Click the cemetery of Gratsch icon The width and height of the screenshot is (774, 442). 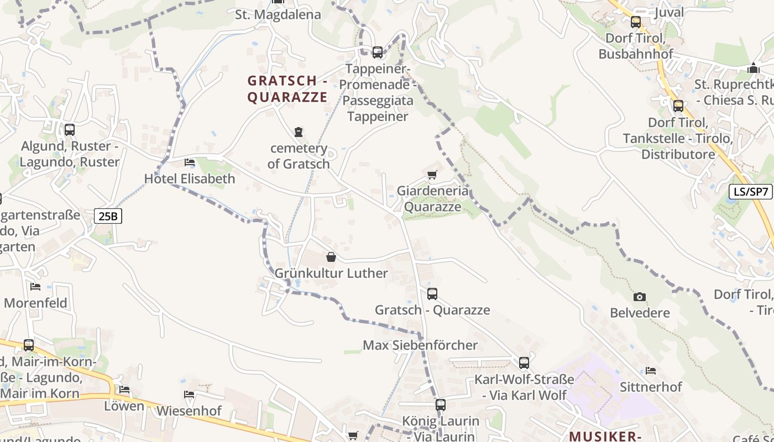299,132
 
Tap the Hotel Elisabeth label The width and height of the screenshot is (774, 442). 189,178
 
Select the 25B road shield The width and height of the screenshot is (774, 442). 108,216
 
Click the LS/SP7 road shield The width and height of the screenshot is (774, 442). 750,192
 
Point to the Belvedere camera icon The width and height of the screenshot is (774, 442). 640,297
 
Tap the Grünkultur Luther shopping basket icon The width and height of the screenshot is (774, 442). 331,257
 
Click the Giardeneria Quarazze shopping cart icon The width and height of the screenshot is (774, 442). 432,175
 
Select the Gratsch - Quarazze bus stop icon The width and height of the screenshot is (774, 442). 432,294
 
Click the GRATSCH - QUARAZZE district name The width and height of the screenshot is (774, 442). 287,89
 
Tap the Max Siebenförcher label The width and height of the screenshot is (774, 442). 420,345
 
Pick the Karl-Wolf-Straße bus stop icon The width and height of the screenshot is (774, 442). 524,363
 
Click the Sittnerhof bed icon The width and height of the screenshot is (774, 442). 651,371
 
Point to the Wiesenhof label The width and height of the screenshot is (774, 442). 189,411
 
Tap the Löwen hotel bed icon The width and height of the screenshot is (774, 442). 124,390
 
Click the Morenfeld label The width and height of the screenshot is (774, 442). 35,303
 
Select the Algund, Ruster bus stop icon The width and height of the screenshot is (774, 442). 70,130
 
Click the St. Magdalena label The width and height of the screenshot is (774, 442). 278,14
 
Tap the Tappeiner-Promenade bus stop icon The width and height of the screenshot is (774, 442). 378,52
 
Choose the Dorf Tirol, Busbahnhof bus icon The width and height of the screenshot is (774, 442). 636,22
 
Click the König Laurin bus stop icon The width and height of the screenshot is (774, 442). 441,405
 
